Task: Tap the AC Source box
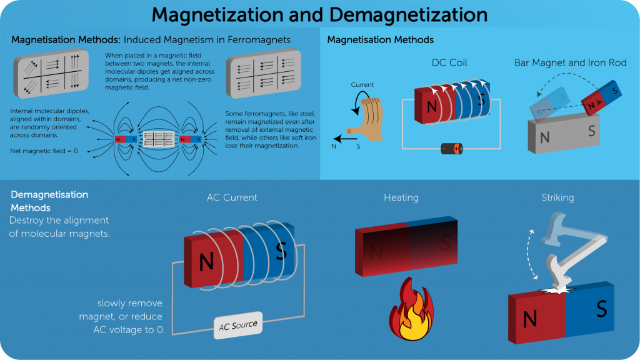click(x=237, y=326)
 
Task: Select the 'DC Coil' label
click(x=449, y=63)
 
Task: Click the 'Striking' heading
click(x=557, y=198)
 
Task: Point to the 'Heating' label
click(x=401, y=198)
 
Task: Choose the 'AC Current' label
click(x=232, y=197)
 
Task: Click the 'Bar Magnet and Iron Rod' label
click(x=570, y=63)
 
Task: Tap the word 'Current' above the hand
click(x=362, y=85)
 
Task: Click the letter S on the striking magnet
click(x=601, y=309)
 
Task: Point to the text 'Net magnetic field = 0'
click(x=44, y=151)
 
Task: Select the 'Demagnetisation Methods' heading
click(x=49, y=201)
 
